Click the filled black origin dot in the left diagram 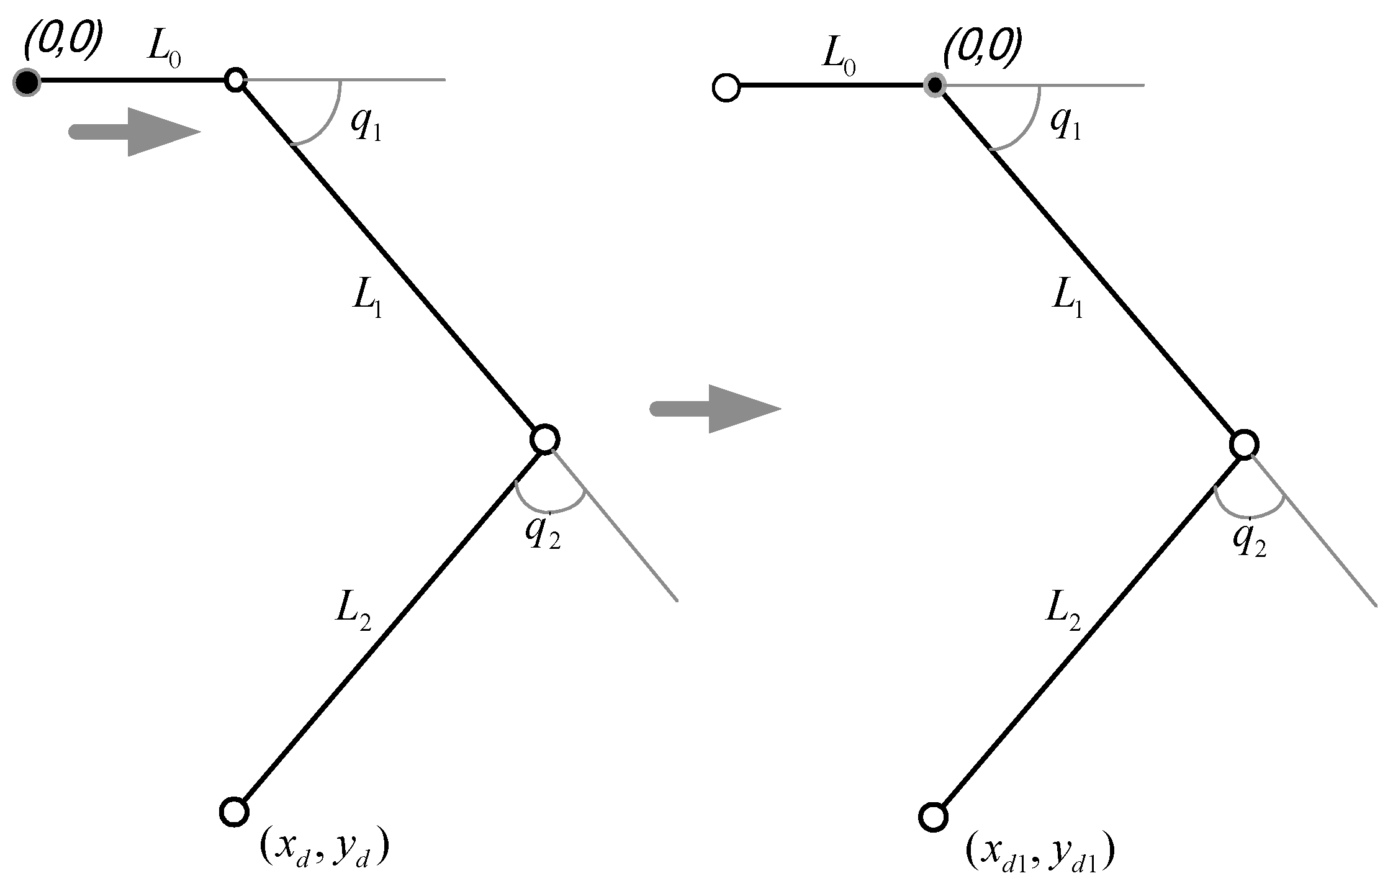pos(27,82)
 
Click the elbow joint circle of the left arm pos(545,440)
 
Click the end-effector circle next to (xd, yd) pos(235,811)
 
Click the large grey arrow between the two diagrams pos(714,408)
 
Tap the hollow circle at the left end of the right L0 pos(726,88)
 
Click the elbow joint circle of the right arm pos(1244,445)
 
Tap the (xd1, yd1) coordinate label pos(1039,855)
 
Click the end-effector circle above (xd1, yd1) pos(932,817)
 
